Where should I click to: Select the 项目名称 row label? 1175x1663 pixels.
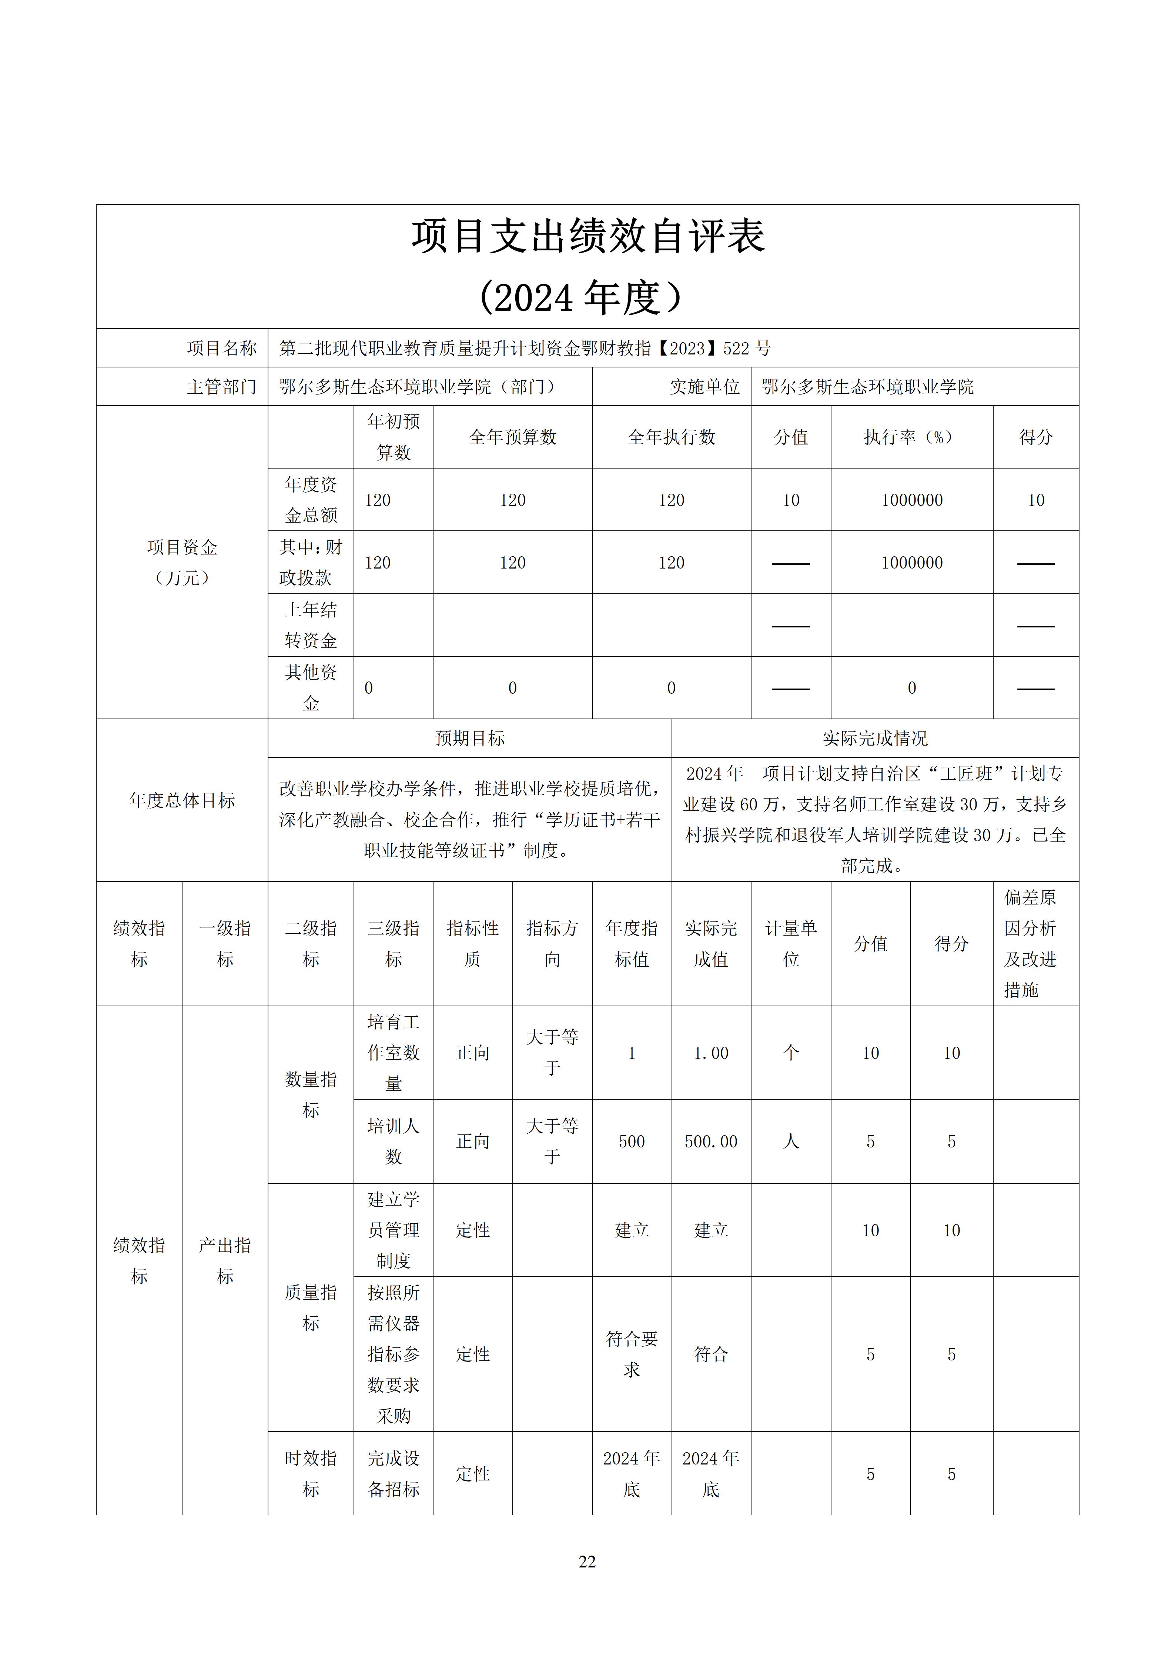point(221,349)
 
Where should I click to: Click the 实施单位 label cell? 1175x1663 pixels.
point(704,387)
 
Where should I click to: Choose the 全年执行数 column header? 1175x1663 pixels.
point(671,437)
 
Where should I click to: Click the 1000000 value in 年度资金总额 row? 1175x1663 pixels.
point(911,500)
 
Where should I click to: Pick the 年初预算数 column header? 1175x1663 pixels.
point(393,437)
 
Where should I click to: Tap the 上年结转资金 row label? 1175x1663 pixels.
point(311,625)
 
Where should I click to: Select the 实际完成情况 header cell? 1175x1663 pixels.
point(874,738)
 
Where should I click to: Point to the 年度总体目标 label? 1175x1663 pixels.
point(182,800)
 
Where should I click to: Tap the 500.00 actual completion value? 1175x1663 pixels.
point(711,1142)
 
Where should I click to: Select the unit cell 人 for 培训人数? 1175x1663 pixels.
point(791,1142)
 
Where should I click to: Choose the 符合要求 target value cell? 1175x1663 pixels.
point(631,1354)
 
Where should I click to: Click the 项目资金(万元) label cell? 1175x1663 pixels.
point(182,562)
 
